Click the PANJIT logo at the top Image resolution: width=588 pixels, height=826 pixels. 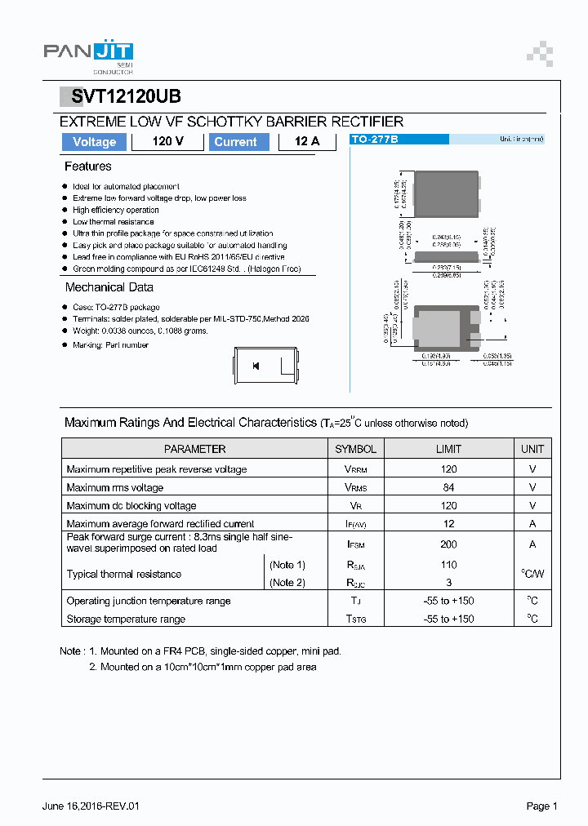tap(88, 53)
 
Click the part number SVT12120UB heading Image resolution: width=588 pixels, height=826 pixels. tap(126, 96)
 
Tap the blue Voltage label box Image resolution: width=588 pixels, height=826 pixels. tap(95, 142)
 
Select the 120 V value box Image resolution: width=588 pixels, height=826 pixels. tap(167, 142)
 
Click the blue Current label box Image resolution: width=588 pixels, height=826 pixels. tap(235, 142)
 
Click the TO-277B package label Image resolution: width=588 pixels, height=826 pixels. tap(375, 140)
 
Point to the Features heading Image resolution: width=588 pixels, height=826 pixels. tap(88, 167)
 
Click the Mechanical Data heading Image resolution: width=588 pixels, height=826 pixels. tap(109, 287)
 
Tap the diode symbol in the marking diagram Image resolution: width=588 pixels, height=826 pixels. tap(256, 366)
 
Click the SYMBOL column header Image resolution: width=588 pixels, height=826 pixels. tap(355, 449)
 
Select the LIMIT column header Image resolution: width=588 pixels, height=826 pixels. tap(448, 449)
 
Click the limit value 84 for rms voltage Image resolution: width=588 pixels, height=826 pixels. tap(448, 487)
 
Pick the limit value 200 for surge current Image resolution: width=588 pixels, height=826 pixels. tap(448, 544)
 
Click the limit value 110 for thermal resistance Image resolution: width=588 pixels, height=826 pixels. tap(448, 565)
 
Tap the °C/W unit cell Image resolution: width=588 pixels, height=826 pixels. tap(532, 574)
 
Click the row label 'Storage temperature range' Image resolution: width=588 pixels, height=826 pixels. tap(126, 619)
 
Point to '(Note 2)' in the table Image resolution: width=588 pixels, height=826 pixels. tap(287, 583)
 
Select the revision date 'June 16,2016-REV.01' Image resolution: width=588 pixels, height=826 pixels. tap(91, 806)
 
